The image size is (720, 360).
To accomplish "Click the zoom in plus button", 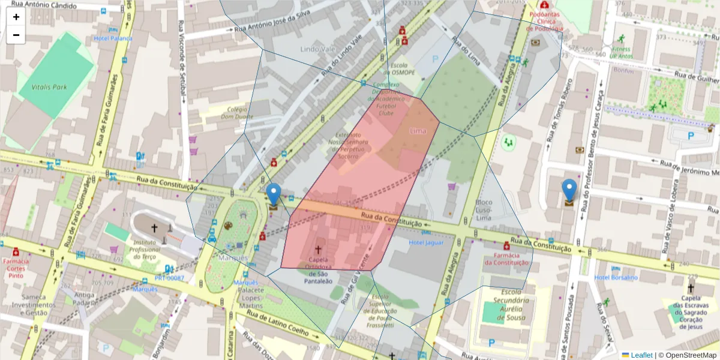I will (x=16, y=17).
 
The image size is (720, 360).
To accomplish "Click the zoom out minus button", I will (x=16, y=35).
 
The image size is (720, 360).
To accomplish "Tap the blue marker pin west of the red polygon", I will (x=273, y=195).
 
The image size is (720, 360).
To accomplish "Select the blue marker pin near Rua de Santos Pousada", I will (x=569, y=190).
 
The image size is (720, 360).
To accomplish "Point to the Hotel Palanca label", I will (x=113, y=38).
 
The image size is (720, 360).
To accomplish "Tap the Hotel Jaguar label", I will (x=426, y=242).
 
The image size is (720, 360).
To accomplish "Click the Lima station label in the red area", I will (x=418, y=130).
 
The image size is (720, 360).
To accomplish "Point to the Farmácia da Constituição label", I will (x=506, y=258).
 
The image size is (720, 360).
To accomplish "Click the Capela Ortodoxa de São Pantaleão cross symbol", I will (x=318, y=248).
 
